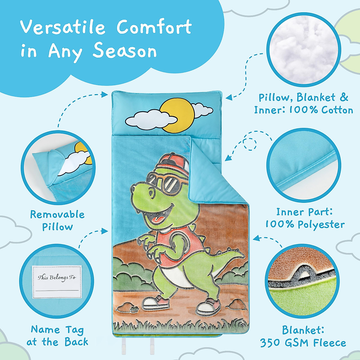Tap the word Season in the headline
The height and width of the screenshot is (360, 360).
[x=124, y=51]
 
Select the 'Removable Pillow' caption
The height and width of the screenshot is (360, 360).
[x=57, y=220]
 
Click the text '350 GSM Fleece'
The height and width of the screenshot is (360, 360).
[x=303, y=343]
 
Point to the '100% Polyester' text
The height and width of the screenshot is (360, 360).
[x=305, y=224]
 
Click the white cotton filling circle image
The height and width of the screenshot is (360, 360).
[x=304, y=50]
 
